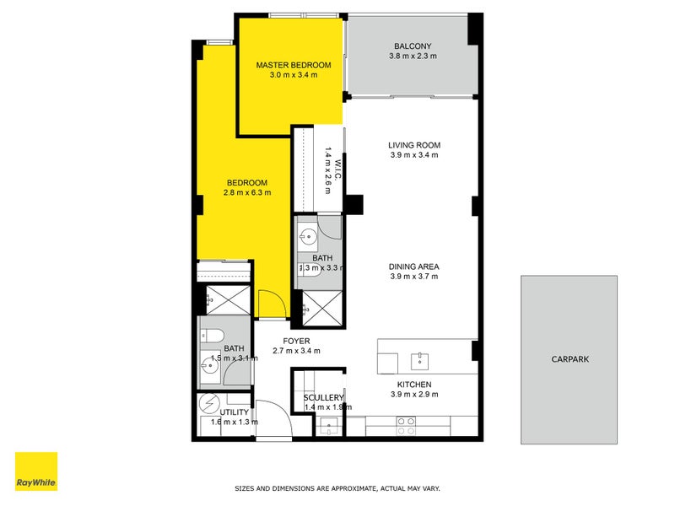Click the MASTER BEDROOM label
pyautogui.click(x=293, y=65)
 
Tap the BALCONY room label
pyautogui.click(x=412, y=46)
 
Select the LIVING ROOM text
pyautogui.click(x=414, y=145)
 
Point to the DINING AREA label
pyautogui.click(x=414, y=266)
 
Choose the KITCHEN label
pyautogui.click(x=413, y=385)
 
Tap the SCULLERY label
pyautogui.click(x=324, y=398)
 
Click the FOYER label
pyautogui.click(x=297, y=342)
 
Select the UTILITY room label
pyautogui.click(x=234, y=412)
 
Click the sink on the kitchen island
pyautogui.click(x=418, y=360)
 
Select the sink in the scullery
pyautogui.click(x=332, y=424)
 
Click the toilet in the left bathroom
pyautogui.click(x=211, y=334)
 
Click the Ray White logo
pyautogui.click(x=36, y=471)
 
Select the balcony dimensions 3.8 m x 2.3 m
pyautogui.click(x=412, y=57)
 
